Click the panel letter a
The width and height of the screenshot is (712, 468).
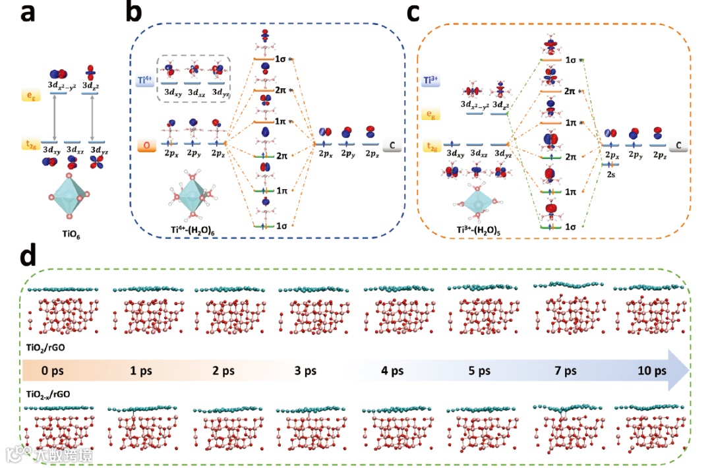click(x=28, y=15)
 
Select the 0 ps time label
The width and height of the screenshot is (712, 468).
click(x=55, y=370)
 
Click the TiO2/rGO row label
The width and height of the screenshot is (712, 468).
click(x=46, y=345)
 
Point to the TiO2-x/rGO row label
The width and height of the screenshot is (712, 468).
click(x=50, y=394)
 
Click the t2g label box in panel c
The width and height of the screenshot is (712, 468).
click(x=430, y=146)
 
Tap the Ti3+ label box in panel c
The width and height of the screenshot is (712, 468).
click(x=431, y=80)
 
